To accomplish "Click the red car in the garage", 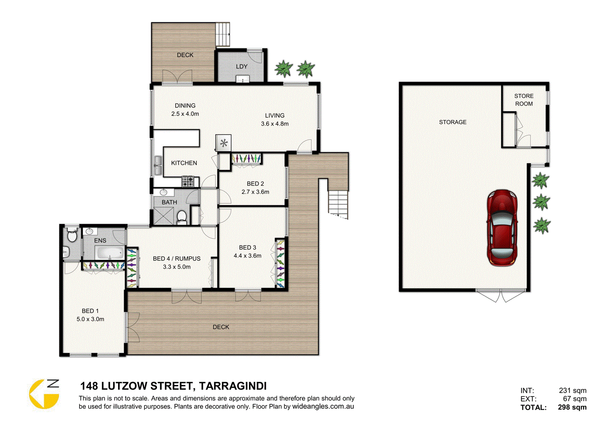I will (x=502, y=228).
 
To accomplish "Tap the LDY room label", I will (x=242, y=66).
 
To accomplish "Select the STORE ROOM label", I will (x=524, y=100).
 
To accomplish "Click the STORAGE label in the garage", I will (x=452, y=122).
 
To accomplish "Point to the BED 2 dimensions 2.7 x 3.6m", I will (x=255, y=192).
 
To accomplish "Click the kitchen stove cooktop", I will (x=188, y=182).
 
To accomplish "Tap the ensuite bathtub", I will (x=109, y=253).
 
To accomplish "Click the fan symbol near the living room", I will (x=224, y=143).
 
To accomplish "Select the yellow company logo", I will (x=44, y=394).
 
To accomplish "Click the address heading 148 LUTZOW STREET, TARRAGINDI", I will (x=173, y=386).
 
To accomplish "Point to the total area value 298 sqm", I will (x=572, y=407).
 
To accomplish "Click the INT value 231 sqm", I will (x=572, y=390).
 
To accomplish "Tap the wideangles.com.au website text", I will (x=323, y=406).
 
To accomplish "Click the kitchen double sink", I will (x=158, y=166).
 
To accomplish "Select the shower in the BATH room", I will (x=163, y=216).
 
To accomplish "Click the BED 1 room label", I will (x=90, y=311).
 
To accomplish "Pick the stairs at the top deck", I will (x=223, y=34).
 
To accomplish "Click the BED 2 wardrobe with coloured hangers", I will (x=246, y=158).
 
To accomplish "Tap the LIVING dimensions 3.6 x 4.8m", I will (x=275, y=124).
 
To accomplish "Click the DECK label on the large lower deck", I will (x=221, y=327).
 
